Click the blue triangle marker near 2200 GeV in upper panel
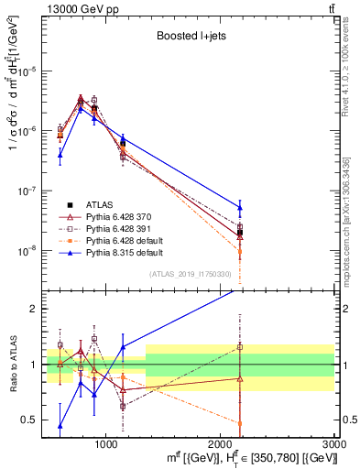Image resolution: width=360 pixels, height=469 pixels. [240, 208]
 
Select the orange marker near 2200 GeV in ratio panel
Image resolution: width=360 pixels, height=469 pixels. [240, 423]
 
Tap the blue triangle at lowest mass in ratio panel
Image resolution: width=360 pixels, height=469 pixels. [60, 425]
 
